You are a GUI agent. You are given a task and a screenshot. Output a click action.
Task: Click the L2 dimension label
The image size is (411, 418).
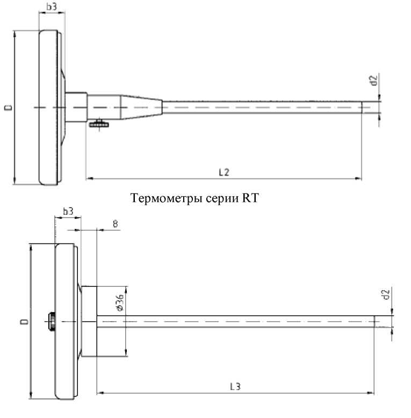tap(224, 171)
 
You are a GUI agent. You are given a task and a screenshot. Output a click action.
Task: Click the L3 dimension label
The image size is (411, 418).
tap(235, 386)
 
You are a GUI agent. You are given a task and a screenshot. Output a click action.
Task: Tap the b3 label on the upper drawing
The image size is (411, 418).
tap(52, 7)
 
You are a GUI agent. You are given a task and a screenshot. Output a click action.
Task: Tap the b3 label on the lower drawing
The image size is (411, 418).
tap(68, 212)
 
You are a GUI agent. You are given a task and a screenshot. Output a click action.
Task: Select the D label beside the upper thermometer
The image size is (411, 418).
tap(9, 107)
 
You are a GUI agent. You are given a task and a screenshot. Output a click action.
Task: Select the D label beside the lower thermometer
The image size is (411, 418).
tap(24, 322)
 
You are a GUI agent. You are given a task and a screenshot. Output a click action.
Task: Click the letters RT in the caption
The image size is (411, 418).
tap(250, 199)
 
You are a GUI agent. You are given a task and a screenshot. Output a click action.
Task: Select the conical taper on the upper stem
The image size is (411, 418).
tap(141, 107)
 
